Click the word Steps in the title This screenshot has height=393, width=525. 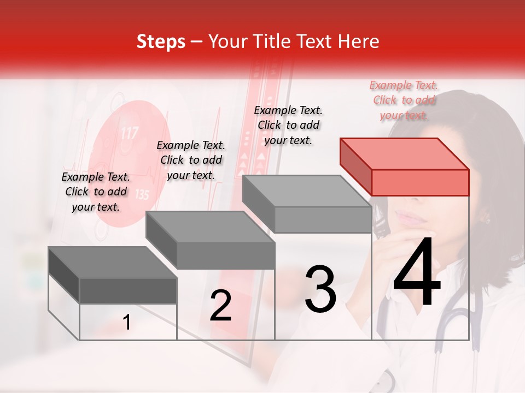pyautogui.click(x=161, y=41)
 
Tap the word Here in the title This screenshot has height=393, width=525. pyautogui.click(x=358, y=41)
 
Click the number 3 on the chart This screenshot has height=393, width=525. pyautogui.click(x=320, y=289)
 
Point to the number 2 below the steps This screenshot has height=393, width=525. pyautogui.click(x=220, y=306)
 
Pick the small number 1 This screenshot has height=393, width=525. pyautogui.click(x=127, y=322)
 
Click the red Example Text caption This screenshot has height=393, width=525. pyautogui.click(x=404, y=100)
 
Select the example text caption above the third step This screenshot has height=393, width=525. pyautogui.click(x=288, y=125)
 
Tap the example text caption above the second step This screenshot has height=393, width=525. pyautogui.click(x=191, y=160)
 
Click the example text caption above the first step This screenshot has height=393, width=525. pyautogui.click(x=96, y=192)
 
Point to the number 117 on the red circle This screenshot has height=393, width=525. pyautogui.click(x=129, y=133)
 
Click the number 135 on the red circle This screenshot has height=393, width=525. pyautogui.click(x=141, y=194)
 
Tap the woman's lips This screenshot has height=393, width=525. pyautogui.click(x=411, y=219)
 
